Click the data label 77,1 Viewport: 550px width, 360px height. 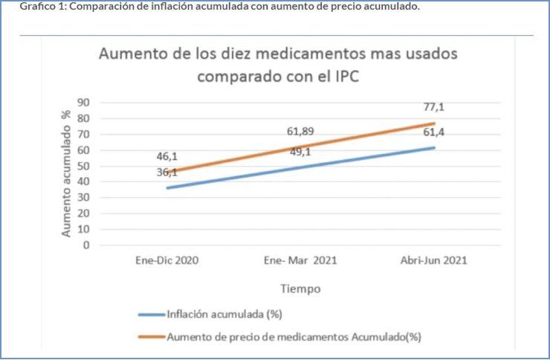click(435, 107)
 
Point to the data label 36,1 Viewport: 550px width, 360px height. click(166, 172)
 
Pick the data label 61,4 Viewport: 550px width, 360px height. click(435, 132)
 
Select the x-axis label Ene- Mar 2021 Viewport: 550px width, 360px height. click(301, 261)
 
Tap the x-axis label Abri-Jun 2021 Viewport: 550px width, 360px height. click(435, 261)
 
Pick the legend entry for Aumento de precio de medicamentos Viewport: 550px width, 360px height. click(294, 337)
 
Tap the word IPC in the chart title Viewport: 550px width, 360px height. click(343, 77)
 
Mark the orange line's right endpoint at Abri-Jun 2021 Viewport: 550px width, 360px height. click(435, 123)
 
